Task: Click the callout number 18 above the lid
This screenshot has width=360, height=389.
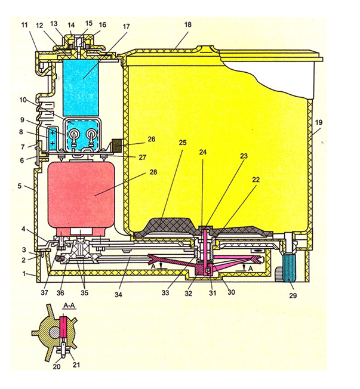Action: point(188,24)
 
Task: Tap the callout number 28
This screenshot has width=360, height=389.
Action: point(153,172)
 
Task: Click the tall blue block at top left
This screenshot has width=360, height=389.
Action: point(81,88)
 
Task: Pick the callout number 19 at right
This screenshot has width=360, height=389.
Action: point(319,122)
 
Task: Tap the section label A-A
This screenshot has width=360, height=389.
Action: point(69,306)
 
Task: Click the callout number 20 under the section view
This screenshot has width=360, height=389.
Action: point(57,366)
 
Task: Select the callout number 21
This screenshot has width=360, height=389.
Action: point(76,365)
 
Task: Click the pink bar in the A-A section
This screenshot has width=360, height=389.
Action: point(63,327)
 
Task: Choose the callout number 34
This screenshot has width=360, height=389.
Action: point(118,295)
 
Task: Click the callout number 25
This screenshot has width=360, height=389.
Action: point(183,143)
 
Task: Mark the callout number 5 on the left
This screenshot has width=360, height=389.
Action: point(20,186)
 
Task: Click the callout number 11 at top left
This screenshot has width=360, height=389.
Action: point(24,25)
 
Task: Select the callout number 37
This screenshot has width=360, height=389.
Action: point(44,292)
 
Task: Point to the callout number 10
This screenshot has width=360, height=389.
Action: point(23,100)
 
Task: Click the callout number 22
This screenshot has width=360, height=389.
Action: point(256,180)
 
